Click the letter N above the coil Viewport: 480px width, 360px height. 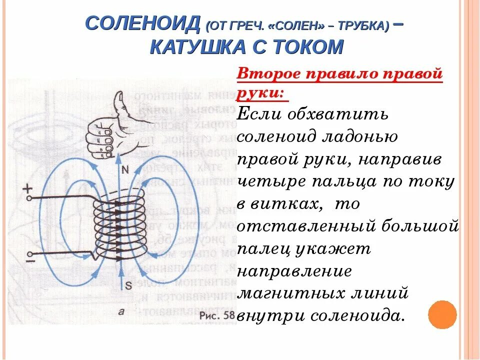(x=125, y=169)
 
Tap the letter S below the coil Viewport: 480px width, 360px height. (x=128, y=285)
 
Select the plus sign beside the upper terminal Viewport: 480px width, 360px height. (x=27, y=188)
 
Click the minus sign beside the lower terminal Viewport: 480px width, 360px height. (x=30, y=261)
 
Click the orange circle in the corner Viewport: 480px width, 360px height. (x=442, y=314)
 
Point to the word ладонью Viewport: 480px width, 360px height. (x=363, y=136)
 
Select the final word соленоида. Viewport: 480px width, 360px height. (x=355, y=316)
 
